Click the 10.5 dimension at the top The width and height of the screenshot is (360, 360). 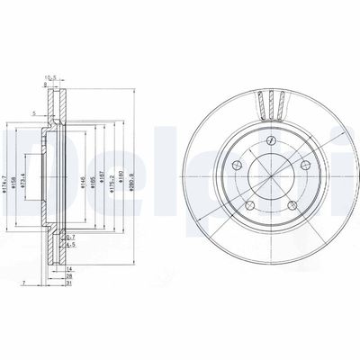point(51,77)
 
